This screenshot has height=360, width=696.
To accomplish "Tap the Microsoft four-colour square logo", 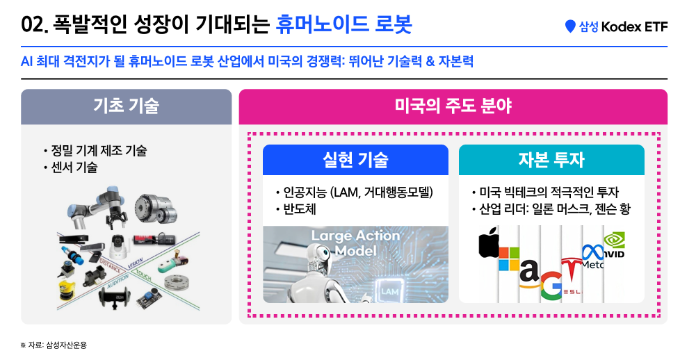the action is [x=508, y=259].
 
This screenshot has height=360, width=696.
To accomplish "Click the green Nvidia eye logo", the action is [x=615, y=240].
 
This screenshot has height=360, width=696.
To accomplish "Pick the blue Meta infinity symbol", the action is [x=593, y=252].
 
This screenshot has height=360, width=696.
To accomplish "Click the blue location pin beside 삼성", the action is [x=570, y=26].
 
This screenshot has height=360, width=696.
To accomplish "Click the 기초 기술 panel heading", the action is [x=126, y=106].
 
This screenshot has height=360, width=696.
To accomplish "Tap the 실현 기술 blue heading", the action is [x=355, y=160].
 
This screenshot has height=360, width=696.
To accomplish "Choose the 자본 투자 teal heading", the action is [x=551, y=160].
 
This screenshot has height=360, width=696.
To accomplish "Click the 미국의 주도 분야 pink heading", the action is [x=453, y=106].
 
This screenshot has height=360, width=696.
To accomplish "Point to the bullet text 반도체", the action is [x=300, y=209].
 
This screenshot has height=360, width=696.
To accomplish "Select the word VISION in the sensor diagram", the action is [x=136, y=263].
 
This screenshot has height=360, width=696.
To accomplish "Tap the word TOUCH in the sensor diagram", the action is [x=143, y=275].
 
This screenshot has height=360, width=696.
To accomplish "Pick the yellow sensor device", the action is [x=67, y=291].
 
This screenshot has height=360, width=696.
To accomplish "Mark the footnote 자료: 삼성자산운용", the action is [x=57, y=345].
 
